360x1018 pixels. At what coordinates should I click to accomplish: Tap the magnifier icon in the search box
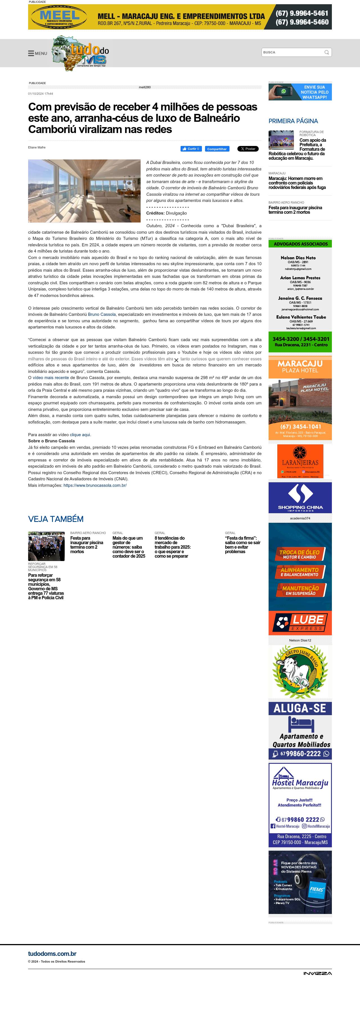[327, 52]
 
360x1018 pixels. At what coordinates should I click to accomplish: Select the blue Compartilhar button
[217, 149]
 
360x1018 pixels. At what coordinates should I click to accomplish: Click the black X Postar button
[248, 149]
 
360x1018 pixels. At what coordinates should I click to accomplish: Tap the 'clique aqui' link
[80, 435]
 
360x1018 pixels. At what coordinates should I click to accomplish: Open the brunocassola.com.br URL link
[95, 485]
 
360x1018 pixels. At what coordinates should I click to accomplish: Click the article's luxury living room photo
[84, 191]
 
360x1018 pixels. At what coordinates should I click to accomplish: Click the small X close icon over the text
[176, 360]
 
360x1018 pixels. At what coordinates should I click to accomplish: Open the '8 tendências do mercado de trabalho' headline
[172, 547]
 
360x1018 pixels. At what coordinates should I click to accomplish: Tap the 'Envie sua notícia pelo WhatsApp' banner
[300, 92]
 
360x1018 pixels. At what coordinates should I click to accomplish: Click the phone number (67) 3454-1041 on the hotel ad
[300, 426]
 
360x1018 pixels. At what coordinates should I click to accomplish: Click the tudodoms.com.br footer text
[52, 954]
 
